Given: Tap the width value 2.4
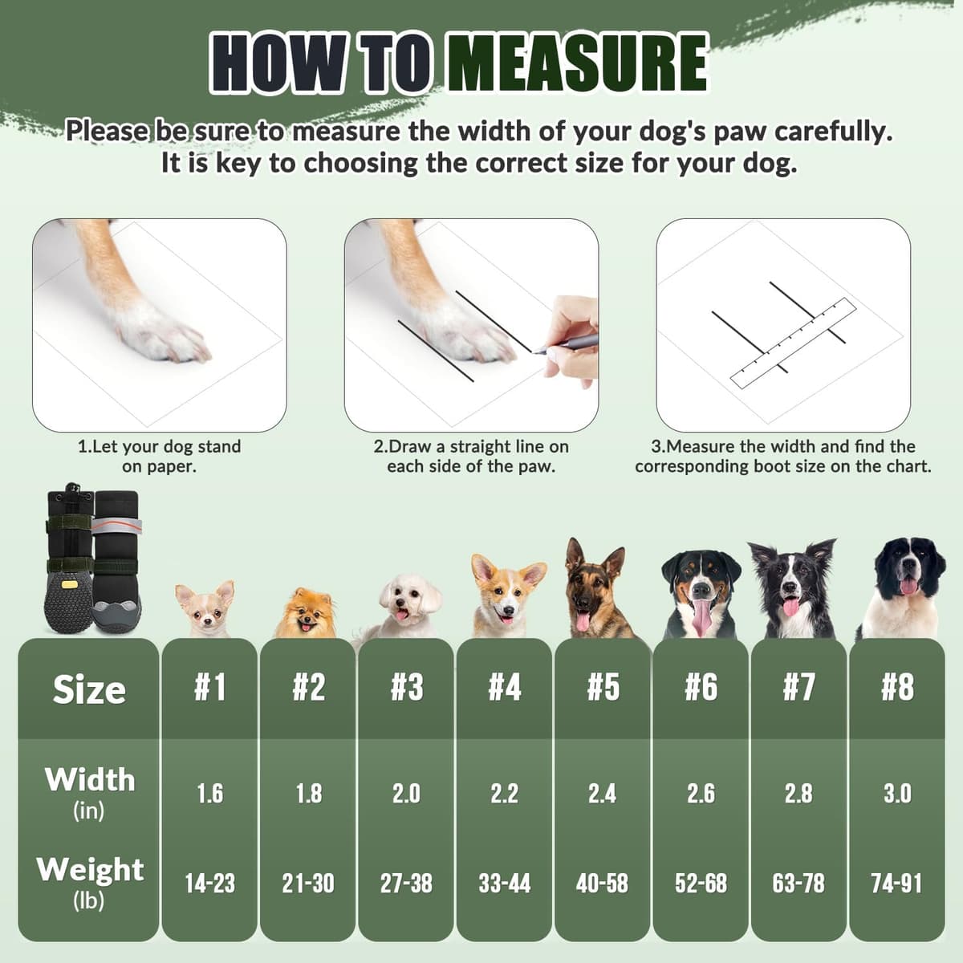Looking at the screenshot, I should (602, 794).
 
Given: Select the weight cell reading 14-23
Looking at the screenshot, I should (209, 884).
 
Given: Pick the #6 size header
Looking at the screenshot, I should (701, 688).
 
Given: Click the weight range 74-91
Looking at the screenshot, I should (896, 884).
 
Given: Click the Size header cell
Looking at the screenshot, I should (89, 689).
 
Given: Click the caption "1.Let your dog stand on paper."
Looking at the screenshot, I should (159, 456).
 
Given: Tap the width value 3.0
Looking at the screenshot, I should (896, 794).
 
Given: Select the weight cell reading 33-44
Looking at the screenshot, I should (504, 884).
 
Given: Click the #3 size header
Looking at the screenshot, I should (406, 688).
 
